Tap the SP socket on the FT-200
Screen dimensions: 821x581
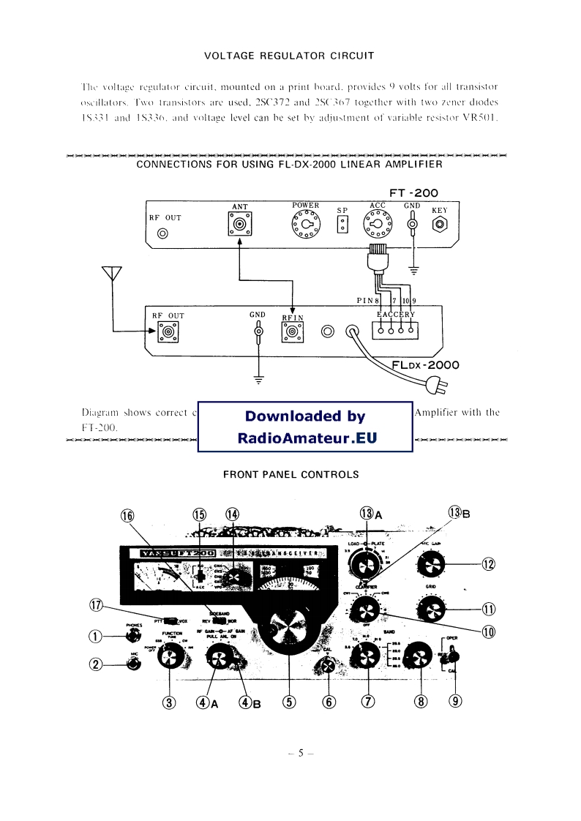click(x=342, y=225)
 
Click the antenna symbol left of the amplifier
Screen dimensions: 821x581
click(x=111, y=274)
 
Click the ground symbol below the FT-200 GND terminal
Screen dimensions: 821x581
click(x=413, y=271)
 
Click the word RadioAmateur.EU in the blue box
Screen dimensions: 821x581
click(x=306, y=439)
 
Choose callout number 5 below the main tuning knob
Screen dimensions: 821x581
click(x=290, y=702)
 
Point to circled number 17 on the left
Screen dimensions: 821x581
click(x=95, y=604)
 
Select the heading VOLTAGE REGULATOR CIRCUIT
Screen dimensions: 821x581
click(x=289, y=56)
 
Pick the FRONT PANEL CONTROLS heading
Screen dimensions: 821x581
click(x=290, y=474)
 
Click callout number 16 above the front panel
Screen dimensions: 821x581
click(x=128, y=515)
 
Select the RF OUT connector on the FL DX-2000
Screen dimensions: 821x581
click(x=169, y=333)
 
